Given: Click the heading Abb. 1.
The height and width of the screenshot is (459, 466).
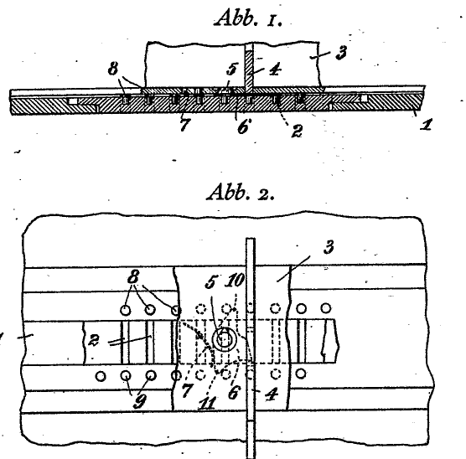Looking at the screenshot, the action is (x=248, y=18).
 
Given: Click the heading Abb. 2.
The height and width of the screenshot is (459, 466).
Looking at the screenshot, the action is (x=241, y=192).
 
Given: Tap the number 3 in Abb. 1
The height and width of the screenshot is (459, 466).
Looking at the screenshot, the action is (x=341, y=53).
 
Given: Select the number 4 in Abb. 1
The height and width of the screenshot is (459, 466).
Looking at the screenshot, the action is (x=275, y=70).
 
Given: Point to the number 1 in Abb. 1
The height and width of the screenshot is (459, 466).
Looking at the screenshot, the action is (x=426, y=124).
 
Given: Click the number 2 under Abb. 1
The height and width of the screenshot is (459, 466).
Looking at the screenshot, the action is (x=298, y=131).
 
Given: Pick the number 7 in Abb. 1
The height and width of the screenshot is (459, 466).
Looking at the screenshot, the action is (x=184, y=125).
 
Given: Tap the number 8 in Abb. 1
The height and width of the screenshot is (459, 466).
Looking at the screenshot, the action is (x=113, y=69).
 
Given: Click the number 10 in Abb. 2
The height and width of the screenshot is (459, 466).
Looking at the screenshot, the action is (x=235, y=280).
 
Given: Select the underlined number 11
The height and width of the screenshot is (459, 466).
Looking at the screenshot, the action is (x=208, y=403).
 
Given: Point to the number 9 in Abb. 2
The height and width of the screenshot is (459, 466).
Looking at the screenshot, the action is (x=140, y=402).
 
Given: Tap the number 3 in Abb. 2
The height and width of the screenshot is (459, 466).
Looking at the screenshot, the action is (x=329, y=247).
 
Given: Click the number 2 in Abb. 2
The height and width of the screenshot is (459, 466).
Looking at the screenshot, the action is (x=93, y=340).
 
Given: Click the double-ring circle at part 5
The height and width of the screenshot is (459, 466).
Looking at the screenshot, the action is (x=223, y=339).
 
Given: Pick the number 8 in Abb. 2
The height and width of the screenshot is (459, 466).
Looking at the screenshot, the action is (x=133, y=277).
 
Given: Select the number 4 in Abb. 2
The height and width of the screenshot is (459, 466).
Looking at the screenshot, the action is (x=272, y=395).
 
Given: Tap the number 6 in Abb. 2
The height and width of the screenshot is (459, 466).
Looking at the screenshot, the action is (x=233, y=393).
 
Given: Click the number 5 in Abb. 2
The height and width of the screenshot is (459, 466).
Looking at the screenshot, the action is (x=210, y=281).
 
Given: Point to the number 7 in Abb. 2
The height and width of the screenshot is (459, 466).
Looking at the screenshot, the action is (x=186, y=390).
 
